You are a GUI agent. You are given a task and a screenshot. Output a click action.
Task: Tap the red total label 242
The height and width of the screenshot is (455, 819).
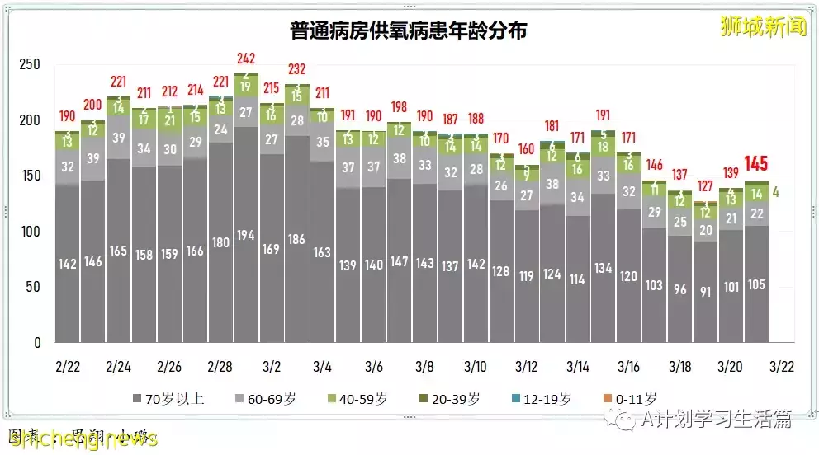point(246,59)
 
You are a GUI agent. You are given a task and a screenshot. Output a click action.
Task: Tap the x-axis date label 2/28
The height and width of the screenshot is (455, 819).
point(220,366)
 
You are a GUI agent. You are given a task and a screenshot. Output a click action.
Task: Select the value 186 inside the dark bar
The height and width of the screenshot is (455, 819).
point(297,241)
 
